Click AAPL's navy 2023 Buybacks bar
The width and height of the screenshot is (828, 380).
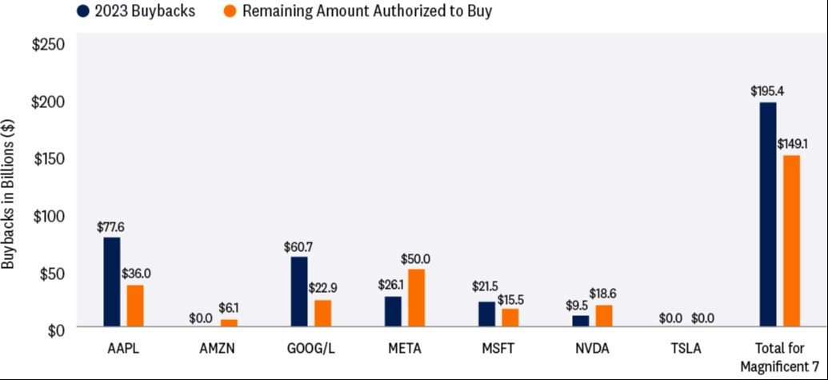pos(112,282)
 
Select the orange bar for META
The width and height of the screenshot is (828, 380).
pos(417,298)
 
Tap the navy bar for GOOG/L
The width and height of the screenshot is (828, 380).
pos(299,291)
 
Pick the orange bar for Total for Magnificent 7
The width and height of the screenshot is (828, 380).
pos(791,241)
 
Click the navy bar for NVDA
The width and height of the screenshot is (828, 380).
pos(580,321)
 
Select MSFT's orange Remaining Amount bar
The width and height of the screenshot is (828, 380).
pos(510,318)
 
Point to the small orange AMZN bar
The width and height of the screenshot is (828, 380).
pos(230,323)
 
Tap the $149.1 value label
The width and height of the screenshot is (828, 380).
pos(792,144)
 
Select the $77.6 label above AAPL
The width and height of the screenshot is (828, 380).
pos(110,227)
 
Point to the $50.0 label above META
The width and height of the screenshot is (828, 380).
pos(416,259)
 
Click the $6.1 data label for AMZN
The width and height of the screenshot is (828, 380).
pos(230,308)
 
